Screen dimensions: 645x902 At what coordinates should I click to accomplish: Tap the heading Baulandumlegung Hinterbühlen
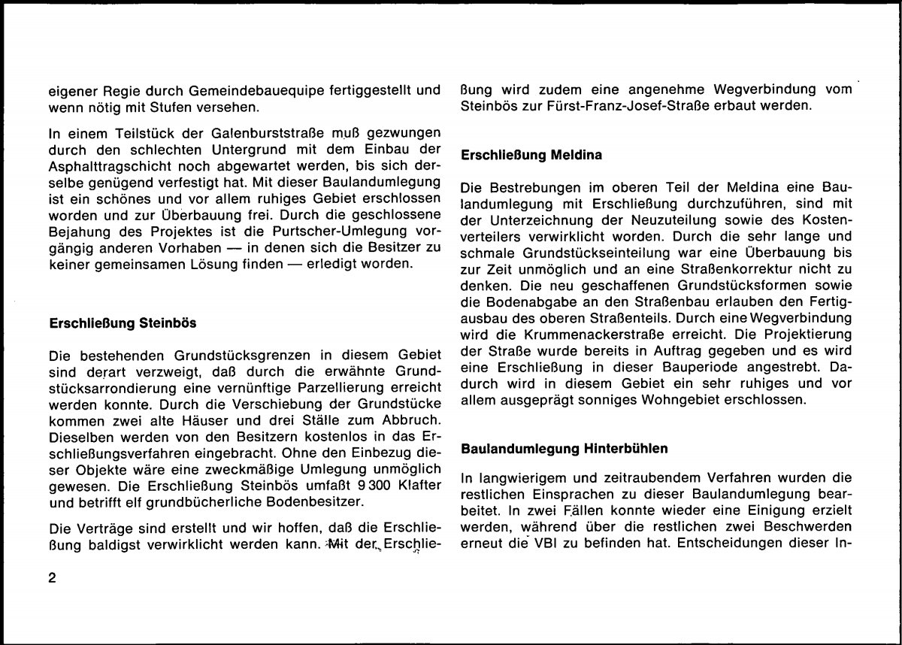564,449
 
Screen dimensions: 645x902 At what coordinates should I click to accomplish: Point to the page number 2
52,578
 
